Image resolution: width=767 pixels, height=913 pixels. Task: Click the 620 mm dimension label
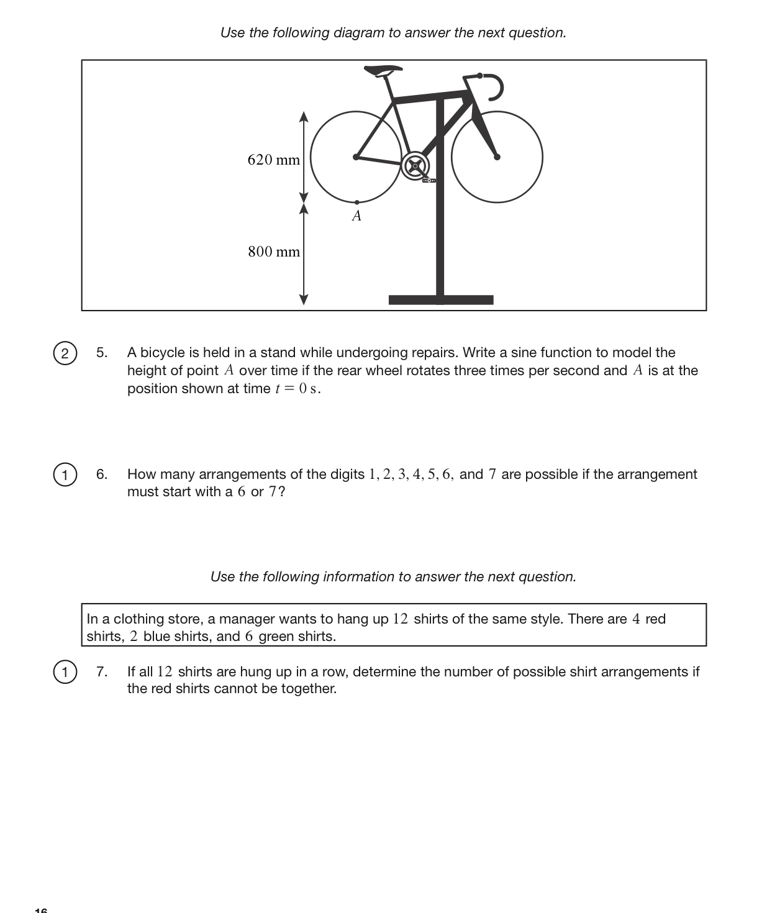tap(273, 160)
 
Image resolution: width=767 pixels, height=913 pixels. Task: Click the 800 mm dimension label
tap(273, 252)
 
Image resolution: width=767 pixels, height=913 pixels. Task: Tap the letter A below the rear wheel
tap(356, 216)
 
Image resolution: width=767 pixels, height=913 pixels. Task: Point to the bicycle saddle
tap(382, 70)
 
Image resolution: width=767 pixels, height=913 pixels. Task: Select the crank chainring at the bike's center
tap(415, 166)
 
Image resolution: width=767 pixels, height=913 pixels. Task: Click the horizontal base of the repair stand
tap(441, 300)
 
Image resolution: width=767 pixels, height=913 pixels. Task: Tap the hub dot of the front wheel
tap(497, 157)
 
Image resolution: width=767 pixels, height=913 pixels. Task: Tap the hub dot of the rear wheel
tap(356, 157)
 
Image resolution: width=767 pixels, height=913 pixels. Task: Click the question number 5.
tap(101, 353)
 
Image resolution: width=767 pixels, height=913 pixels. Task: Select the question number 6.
tap(101, 475)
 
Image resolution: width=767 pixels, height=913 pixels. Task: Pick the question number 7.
tap(101, 672)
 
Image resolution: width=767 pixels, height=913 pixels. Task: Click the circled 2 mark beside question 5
tap(64, 353)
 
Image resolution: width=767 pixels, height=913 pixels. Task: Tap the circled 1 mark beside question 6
tap(64, 475)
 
